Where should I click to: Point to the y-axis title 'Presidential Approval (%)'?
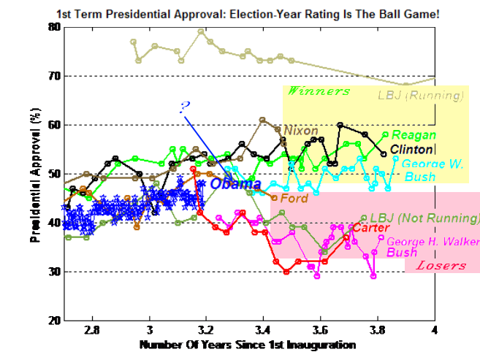coord(34,173)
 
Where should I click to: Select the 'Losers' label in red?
coord(441,265)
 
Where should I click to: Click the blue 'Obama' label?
coord(236,183)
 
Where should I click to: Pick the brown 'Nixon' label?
coord(300,131)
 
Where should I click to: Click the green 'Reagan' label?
coord(414,135)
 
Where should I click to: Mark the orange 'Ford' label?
coord(294,198)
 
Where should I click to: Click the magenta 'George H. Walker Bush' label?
coord(432,246)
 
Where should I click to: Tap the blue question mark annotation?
coord(184,107)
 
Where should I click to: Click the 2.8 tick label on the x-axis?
coord(93,329)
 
